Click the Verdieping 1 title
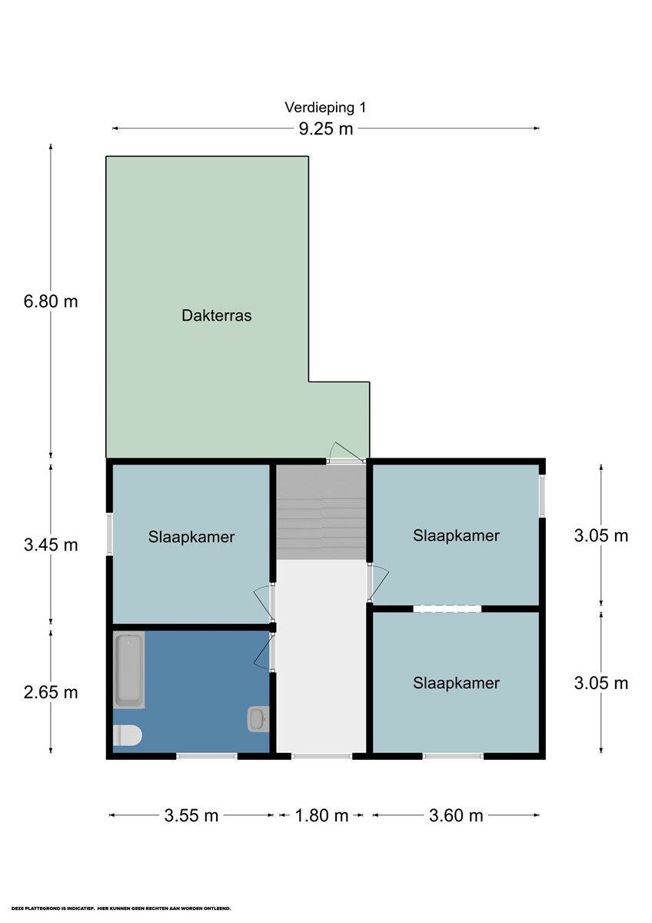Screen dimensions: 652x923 pos(325,108)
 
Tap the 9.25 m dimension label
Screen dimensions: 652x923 pos(326,129)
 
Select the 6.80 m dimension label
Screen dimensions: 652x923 pos(51,302)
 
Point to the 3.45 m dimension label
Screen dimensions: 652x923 pos(51,545)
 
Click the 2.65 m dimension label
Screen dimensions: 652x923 pos(51,692)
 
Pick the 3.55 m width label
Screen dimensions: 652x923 pos(191,815)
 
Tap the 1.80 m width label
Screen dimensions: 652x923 pos(321,815)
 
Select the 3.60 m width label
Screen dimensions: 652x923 pos(456,815)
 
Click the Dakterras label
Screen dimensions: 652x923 pos(217,315)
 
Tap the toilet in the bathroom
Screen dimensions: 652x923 pos(128,735)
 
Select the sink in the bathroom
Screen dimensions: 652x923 pos(258,719)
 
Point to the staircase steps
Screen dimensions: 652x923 pos(321,512)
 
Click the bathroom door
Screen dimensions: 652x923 pos(264,651)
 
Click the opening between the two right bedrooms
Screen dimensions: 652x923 pos(447,608)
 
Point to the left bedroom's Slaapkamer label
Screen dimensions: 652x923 pos(191,538)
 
